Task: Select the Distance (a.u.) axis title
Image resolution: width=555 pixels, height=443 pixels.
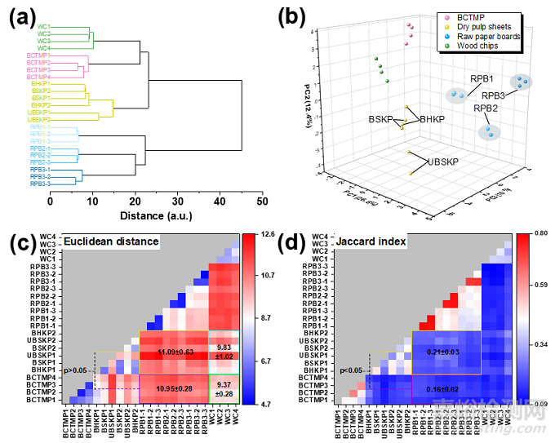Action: (x=153, y=215)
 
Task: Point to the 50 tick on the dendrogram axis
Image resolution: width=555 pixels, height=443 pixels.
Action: (x=261, y=200)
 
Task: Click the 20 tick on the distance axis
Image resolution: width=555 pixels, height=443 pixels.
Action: (x=135, y=200)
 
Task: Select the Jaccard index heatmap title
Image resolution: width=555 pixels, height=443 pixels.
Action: (x=382, y=241)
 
